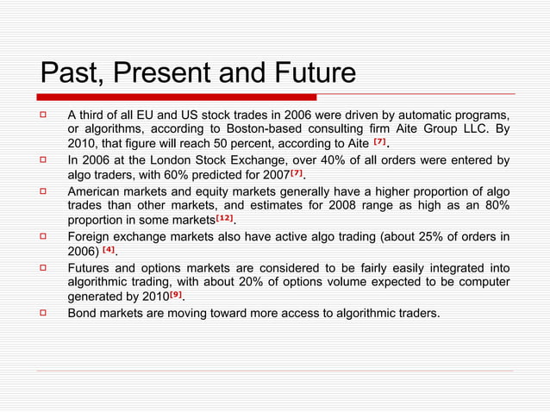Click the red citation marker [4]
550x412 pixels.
(x=109, y=249)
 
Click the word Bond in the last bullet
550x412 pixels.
(x=83, y=311)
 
